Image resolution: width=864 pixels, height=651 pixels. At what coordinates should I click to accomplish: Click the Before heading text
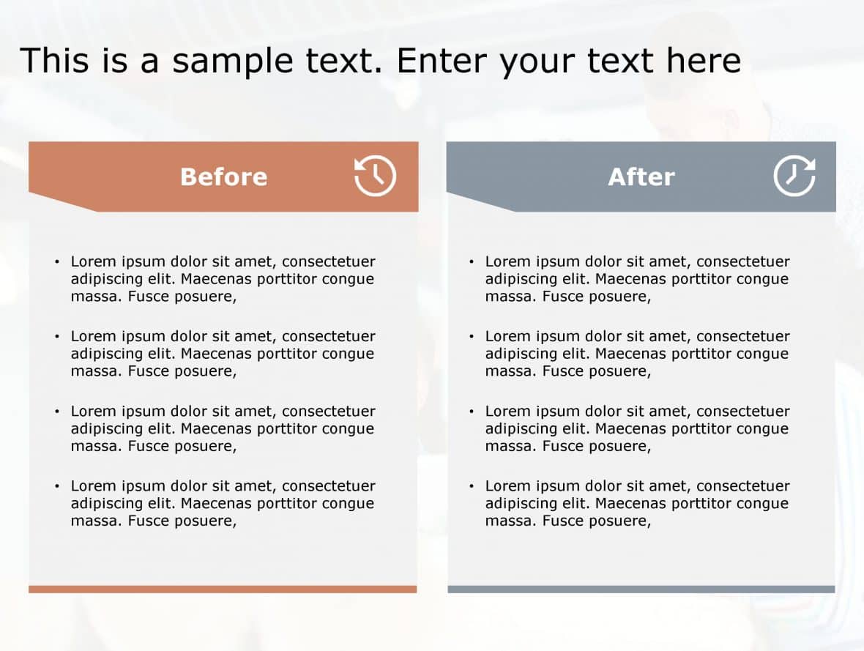point(224,177)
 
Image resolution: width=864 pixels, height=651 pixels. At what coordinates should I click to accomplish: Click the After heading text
point(641,177)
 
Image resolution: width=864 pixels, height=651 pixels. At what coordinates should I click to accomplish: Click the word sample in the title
point(233,62)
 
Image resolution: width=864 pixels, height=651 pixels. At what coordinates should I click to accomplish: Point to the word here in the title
point(704,60)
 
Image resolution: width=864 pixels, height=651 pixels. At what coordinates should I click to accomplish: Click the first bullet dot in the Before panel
point(57,261)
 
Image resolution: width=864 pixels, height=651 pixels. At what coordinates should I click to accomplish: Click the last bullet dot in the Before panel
point(57,486)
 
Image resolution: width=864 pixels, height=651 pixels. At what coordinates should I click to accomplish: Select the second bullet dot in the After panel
point(471,336)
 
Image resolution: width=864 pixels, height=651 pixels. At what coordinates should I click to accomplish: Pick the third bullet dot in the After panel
point(471,412)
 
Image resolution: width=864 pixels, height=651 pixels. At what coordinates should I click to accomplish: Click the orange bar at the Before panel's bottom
point(223,589)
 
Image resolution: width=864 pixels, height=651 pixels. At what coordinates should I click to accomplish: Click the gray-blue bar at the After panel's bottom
point(641,589)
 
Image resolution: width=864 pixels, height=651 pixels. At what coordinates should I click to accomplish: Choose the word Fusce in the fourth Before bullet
point(148,521)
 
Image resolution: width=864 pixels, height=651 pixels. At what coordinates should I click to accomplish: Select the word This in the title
point(55,60)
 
